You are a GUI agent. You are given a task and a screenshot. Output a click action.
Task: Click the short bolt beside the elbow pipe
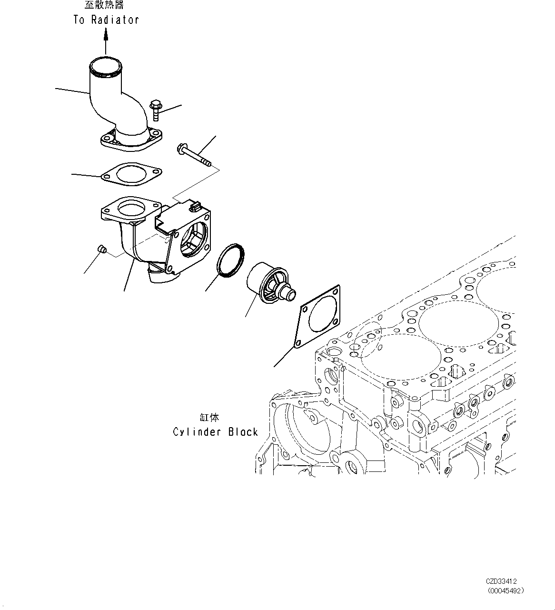(x=155, y=110)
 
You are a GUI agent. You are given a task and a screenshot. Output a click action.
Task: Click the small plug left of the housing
(x=101, y=248)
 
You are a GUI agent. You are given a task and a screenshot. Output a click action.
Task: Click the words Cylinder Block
(x=215, y=432)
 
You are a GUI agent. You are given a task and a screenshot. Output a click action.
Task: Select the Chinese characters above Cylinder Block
(x=209, y=418)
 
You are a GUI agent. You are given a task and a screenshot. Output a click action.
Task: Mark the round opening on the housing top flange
(x=129, y=209)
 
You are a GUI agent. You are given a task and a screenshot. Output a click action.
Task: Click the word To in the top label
(x=79, y=20)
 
